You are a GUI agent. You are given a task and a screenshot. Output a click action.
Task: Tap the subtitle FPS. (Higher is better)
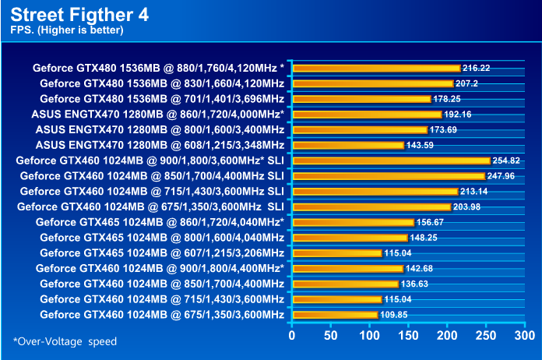(67, 30)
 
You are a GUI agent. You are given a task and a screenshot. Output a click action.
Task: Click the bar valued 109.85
(335, 315)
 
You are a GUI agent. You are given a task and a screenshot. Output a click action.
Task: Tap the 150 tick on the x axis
(407, 336)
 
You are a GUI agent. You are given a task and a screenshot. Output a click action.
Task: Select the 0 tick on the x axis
(292, 336)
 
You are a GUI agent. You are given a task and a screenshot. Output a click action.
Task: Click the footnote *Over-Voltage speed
(65, 341)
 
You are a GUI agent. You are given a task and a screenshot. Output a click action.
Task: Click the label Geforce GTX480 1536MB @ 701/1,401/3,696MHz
(162, 99)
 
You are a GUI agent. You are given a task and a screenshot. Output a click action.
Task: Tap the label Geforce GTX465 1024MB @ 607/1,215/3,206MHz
(162, 253)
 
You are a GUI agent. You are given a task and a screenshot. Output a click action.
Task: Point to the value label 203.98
(467, 206)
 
